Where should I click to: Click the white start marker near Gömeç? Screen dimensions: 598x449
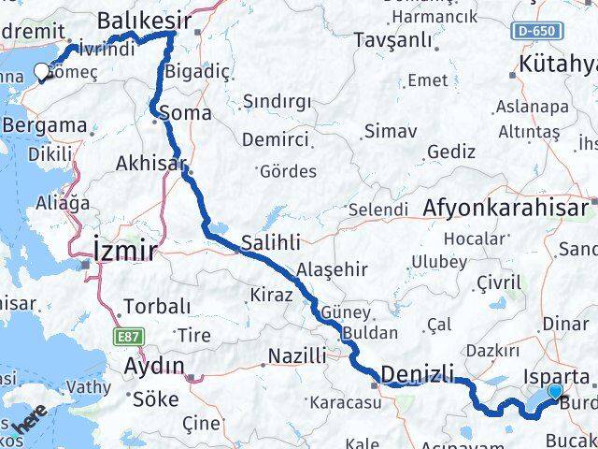coord(41,71)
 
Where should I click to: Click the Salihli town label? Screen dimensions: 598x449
coord(271,242)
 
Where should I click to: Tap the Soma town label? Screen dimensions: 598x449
coord(187,114)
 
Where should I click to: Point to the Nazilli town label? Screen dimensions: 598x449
coord(297,355)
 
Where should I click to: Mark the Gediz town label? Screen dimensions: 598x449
coord(451,152)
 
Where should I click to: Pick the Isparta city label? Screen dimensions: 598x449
coord(558,378)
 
